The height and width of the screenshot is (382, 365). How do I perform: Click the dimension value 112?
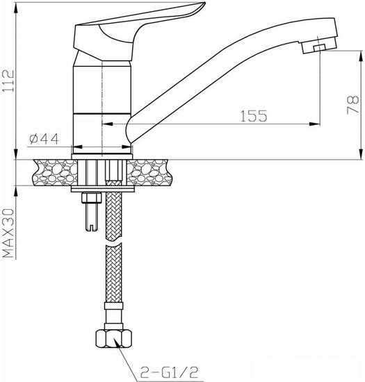click(8, 81)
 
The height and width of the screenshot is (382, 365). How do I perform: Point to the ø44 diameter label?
click(43, 139)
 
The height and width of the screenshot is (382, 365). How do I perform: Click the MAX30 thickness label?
click(8, 232)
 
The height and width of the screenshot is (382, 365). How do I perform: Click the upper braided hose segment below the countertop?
click(114, 215)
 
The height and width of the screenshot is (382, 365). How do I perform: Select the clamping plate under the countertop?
click(102, 188)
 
